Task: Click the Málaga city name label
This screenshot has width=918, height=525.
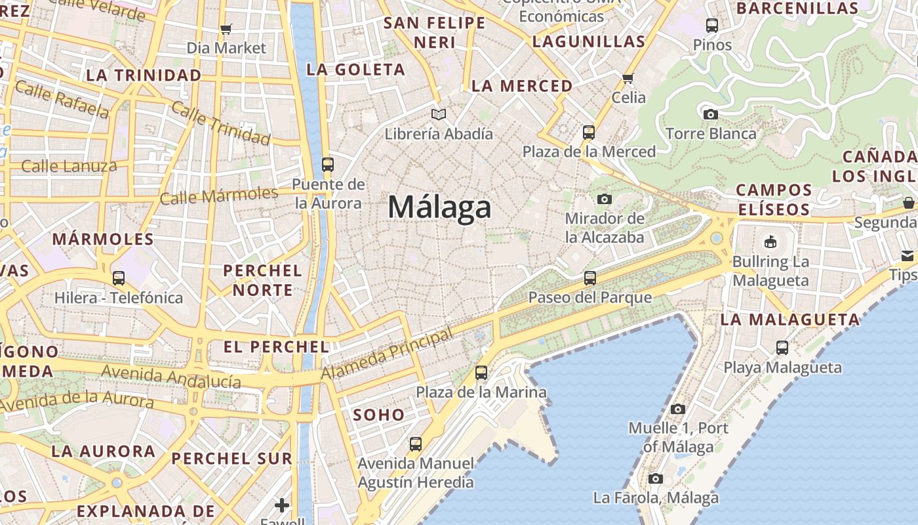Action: pos(439,207)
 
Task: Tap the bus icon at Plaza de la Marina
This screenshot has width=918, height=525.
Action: pos(481,373)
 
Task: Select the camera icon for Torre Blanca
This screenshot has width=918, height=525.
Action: pos(710,114)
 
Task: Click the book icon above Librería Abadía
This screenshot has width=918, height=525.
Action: pos(439,114)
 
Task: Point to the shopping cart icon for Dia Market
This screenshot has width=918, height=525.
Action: pos(226,29)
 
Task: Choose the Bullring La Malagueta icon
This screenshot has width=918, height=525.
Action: pos(770,242)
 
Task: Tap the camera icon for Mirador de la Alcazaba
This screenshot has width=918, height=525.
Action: pos(604,199)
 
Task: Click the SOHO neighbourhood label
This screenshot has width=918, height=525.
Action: pos(379,415)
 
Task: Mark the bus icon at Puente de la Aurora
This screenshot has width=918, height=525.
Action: pos(328,165)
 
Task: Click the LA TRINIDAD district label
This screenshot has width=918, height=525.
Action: pos(144,75)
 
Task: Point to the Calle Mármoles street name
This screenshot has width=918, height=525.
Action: pos(219,196)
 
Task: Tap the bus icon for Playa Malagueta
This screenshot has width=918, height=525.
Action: pos(782,348)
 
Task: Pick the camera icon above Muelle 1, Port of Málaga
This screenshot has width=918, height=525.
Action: pos(678,409)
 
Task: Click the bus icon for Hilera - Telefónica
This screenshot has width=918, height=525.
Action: pos(119,278)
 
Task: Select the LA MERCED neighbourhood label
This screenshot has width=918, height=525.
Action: pos(522,86)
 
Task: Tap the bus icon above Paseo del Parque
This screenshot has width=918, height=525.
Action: pos(590,278)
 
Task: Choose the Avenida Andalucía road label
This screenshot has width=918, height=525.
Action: pos(171,377)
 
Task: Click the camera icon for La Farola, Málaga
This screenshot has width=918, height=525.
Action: pos(656,478)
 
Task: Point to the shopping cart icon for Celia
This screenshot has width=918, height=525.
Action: pos(628,78)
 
